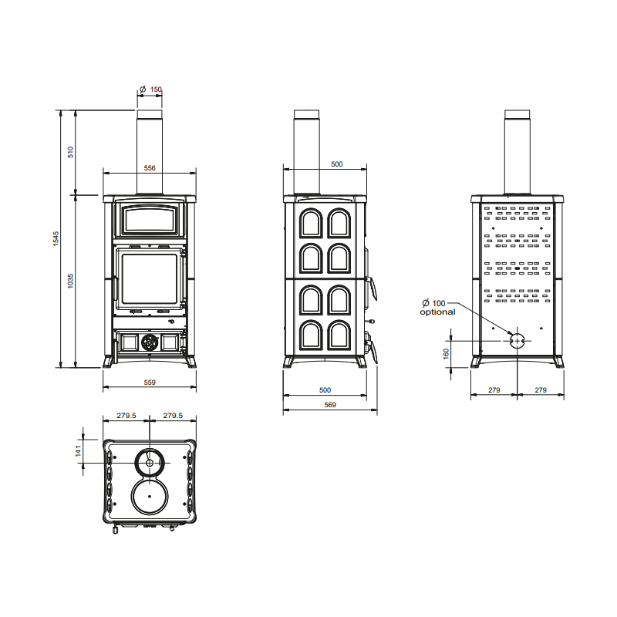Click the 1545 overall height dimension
[56, 239]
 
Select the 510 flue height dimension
[71, 152]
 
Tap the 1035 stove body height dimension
[70, 281]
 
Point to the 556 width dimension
[150, 168]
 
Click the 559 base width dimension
[150, 382]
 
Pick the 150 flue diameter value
[156, 89]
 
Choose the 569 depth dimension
[330, 404]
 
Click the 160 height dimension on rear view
[447, 354]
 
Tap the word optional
[437, 312]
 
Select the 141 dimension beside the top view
[79, 450]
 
